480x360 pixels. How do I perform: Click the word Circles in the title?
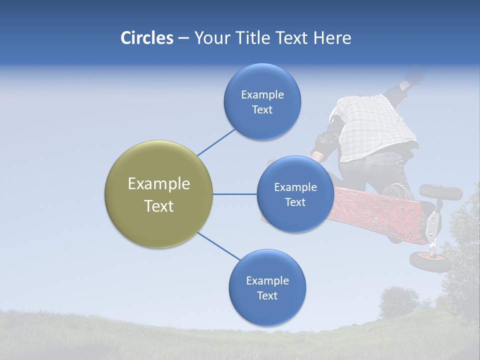tap(146, 38)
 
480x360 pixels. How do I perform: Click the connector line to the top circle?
tap(216, 142)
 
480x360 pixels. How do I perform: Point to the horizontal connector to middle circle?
tap(234, 194)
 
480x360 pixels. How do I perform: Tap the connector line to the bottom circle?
tap(218, 246)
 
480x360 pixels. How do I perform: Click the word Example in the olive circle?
tap(158, 184)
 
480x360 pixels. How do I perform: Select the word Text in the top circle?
tap(262, 110)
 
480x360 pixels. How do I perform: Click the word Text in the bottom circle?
tap(267, 296)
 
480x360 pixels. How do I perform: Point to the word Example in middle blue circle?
tap(295, 187)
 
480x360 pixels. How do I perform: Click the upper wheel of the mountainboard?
tap(440, 191)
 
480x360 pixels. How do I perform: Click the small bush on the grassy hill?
tap(398, 302)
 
